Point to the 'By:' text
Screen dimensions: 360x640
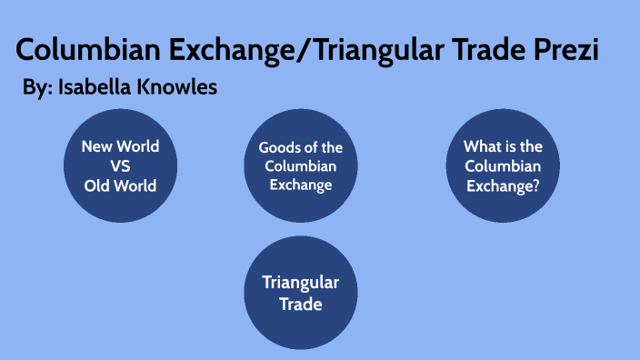coord(36,88)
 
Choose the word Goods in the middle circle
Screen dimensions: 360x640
coord(279,147)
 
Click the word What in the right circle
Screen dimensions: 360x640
coord(481,145)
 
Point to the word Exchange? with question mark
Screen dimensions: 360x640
coord(503,185)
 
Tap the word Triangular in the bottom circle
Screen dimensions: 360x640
coord(300,283)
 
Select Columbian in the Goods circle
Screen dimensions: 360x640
coord(300,166)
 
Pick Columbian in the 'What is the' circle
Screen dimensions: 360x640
coord(503,165)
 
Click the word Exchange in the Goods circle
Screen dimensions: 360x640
coord(300,185)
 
